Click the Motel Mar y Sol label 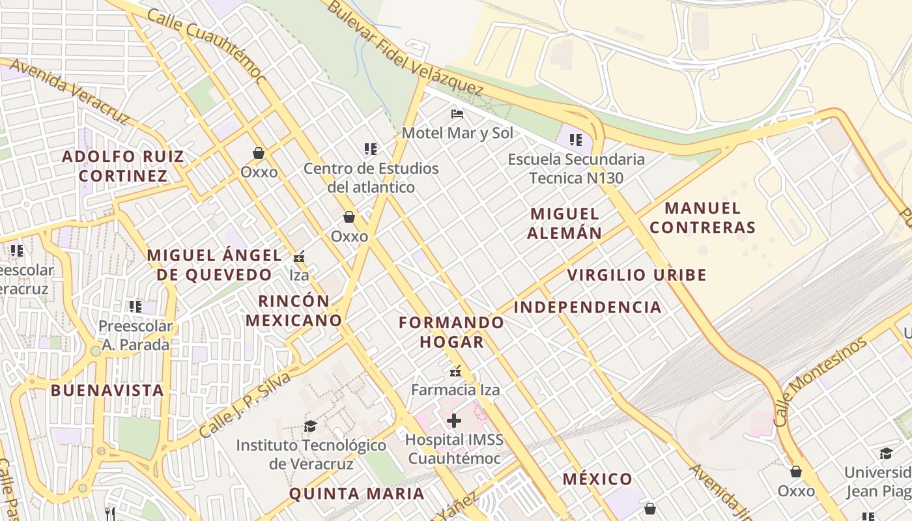457,134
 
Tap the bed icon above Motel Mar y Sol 457,114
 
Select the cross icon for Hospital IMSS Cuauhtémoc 454,421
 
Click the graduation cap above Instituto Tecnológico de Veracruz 310,427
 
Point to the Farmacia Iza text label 455,390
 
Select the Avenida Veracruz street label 70,91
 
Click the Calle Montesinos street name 820,381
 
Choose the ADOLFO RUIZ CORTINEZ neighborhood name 123,166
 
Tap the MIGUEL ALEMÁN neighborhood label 565,223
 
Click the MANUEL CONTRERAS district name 702,218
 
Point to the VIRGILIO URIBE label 636,275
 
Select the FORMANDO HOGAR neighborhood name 451,332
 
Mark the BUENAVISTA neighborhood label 107,390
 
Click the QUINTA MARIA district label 356,494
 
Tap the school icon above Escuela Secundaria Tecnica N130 575,139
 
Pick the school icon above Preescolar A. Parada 135,306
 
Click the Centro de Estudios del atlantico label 371,178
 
